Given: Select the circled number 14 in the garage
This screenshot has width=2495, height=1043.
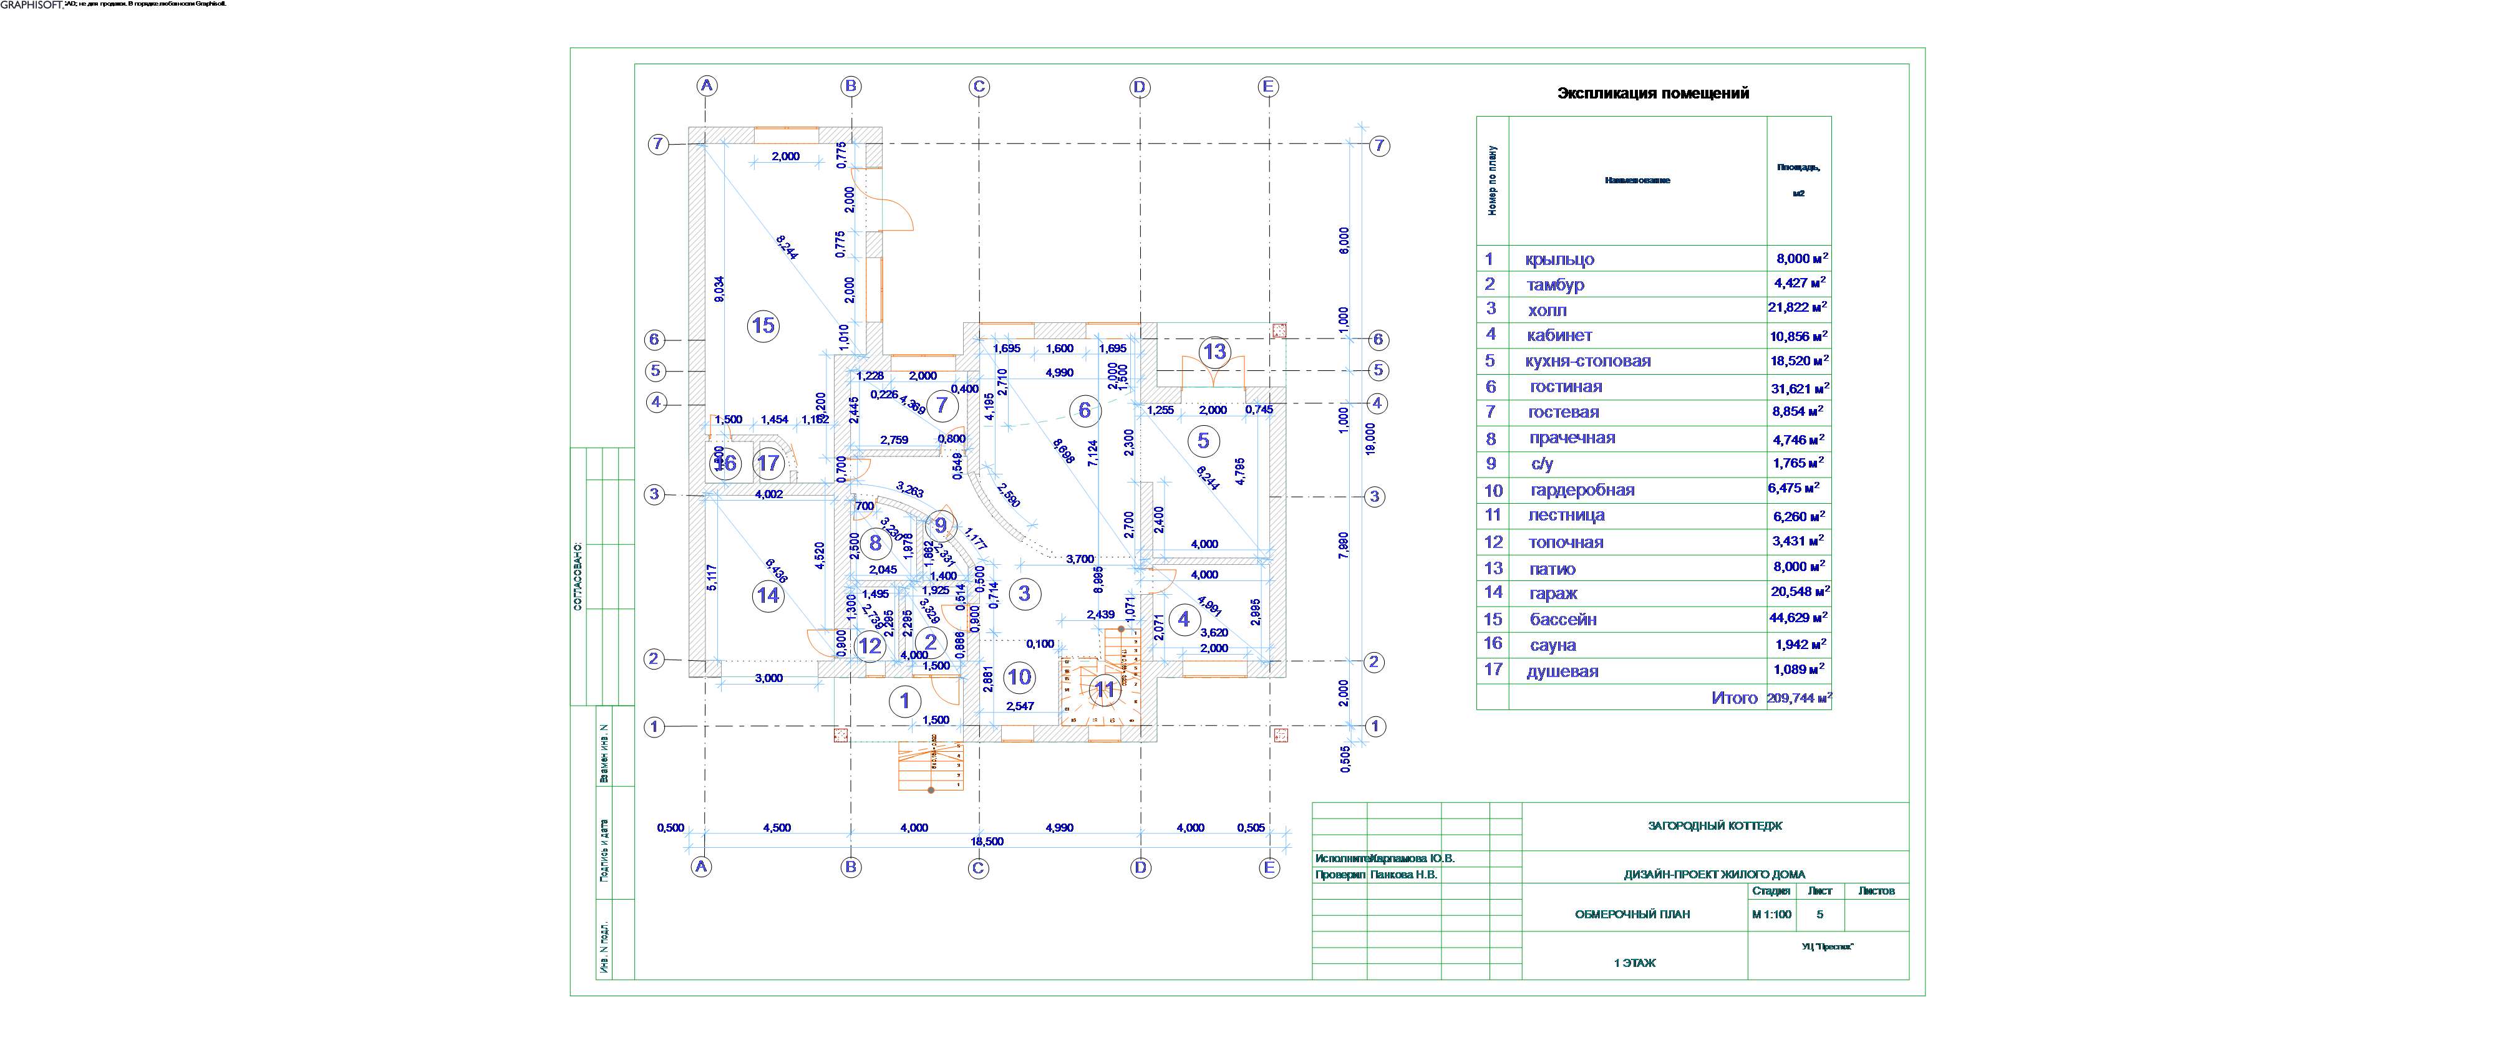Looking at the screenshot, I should tap(768, 595).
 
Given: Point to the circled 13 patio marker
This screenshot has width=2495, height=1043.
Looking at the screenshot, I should tap(1214, 352).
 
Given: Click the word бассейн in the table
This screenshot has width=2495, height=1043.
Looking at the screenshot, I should tap(1563, 620).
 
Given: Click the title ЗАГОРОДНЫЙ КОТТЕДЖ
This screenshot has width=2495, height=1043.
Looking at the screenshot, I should tap(1714, 826).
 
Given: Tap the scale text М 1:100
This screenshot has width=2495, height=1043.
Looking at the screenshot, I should tap(1771, 914).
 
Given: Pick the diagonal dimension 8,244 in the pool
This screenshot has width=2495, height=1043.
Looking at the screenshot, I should tap(787, 248).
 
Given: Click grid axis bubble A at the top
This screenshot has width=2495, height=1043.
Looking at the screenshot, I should tap(707, 85).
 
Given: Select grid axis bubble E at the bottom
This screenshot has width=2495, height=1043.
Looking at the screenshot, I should tap(1269, 868).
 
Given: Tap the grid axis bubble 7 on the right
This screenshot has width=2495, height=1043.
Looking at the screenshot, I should tap(1379, 147).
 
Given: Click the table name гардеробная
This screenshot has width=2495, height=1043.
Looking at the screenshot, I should tap(1582, 490).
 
